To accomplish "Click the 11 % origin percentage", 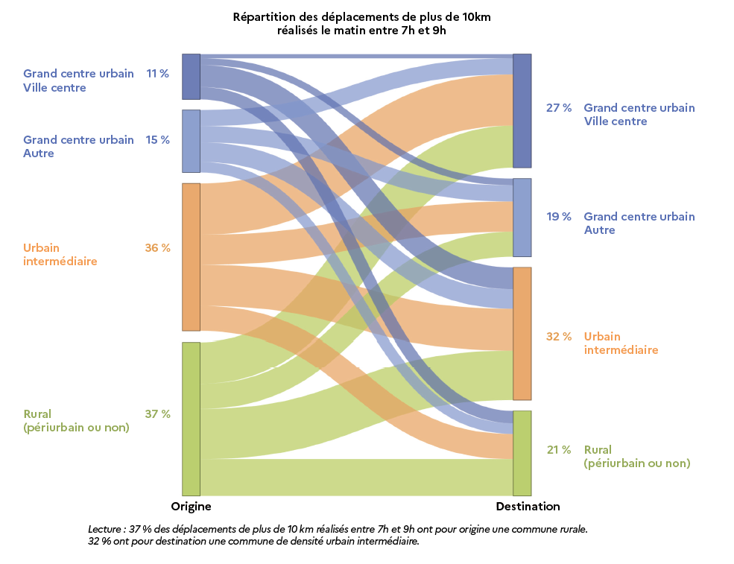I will coord(157,74).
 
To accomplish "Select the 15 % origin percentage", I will coord(157,140).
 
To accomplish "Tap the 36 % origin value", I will coord(157,248).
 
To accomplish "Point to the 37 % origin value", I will coord(157,414).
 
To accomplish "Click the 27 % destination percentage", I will coord(559,108).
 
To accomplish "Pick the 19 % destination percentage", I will coord(559,217).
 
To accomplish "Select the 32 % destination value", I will coord(559,337).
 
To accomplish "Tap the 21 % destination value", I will coord(559,450).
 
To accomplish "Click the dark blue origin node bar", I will coord(191,77).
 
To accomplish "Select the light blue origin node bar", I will coord(191,141).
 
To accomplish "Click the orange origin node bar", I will coord(191,257).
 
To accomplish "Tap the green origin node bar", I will coord(191,419).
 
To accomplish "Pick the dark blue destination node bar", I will coord(522,111).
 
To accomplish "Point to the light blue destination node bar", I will coord(522,218).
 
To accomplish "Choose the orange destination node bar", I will coord(522,334).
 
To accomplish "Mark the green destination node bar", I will coord(522,453).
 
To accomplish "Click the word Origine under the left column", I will coord(192,507).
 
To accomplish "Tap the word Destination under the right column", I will coord(528,507).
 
